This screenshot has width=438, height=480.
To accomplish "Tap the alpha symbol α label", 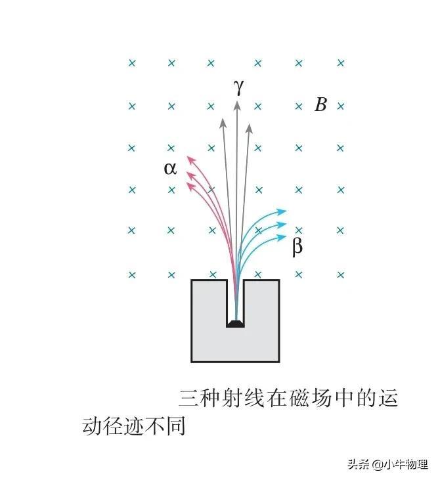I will pos(170,168).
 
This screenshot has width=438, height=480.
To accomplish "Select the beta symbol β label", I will pos(297,248).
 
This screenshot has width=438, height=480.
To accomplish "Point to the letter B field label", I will pos(320,105).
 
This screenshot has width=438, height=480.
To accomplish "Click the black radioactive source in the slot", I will pos(235,322).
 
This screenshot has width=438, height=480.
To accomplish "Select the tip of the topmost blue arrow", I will pos(287,211).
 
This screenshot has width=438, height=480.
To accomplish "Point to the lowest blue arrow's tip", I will pos(287,236).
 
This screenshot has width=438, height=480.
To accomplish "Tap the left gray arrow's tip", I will pos(223,119).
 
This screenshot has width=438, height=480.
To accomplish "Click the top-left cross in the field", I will pos(131,63).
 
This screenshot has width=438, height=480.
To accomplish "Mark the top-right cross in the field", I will pos(340,63).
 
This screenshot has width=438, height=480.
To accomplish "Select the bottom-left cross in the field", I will pos(131,274).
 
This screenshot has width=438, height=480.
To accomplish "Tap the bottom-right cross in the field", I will pos(340,274).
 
